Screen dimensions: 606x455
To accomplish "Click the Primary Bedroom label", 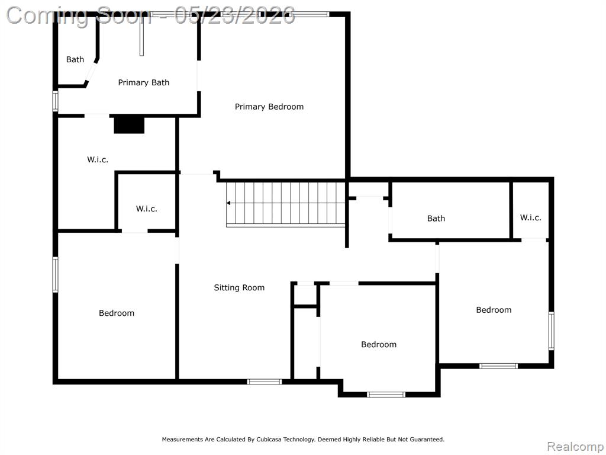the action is point(269,107).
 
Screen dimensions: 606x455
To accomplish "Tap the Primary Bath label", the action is point(143,82).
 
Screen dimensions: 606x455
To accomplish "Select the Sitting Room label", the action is point(239,287).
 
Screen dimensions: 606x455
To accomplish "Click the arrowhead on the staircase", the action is point(229,203).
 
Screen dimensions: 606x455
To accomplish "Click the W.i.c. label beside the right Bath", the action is point(530,217).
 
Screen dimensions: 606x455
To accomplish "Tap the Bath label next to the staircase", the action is point(436,219).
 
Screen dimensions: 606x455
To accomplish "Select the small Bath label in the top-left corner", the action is point(75,60).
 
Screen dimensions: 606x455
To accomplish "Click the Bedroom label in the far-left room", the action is point(117,313).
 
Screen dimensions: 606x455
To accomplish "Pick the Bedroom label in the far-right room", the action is point(494,310).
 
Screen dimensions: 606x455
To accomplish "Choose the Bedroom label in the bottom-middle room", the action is point(378,344).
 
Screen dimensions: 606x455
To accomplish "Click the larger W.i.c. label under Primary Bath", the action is point(98,159).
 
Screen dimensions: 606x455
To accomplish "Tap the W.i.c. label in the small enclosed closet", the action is point(147,209).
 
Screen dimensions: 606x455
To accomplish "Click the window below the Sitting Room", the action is point(265,382).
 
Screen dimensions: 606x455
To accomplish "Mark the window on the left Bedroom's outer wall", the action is point(55,275).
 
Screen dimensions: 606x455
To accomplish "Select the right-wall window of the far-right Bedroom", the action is point(551,331).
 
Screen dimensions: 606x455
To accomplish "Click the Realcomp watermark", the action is point(575,447).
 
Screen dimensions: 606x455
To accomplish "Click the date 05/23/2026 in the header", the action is point(234,16).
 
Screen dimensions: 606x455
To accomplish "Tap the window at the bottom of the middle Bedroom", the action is point(386,395).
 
